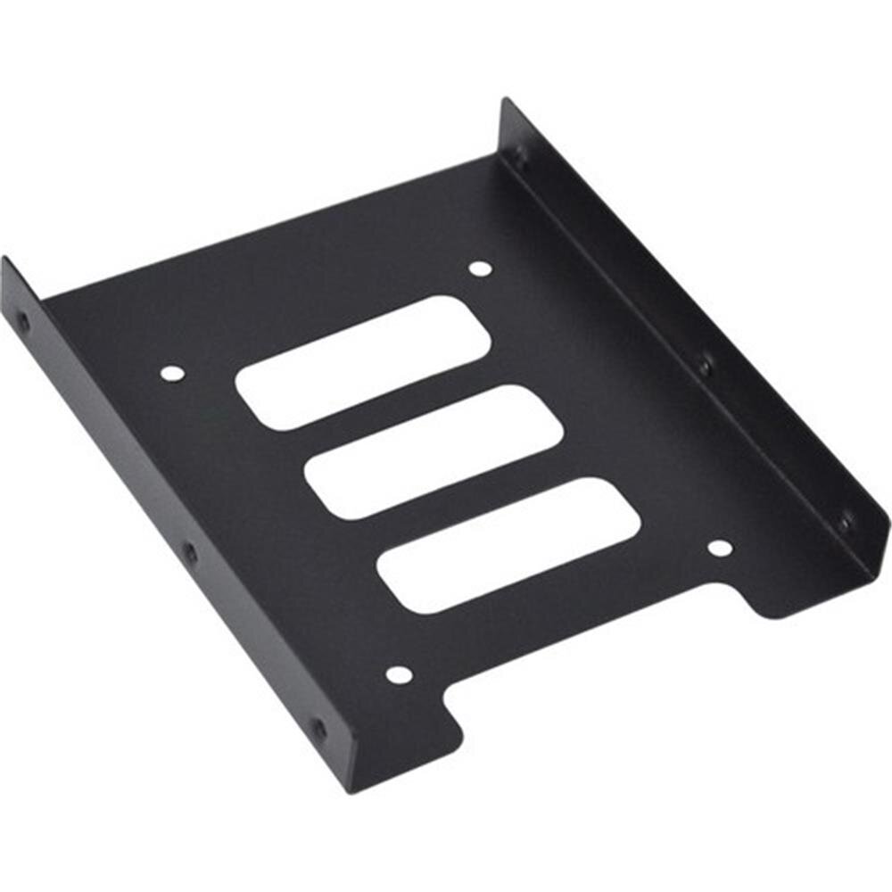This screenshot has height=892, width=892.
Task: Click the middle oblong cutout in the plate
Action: (x=434, y=451)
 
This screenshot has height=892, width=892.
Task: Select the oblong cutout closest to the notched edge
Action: (x=508, y=545)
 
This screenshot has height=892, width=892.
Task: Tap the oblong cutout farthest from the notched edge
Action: (x=362, y=362)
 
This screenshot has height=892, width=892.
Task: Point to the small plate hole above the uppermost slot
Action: (x=480, y=268)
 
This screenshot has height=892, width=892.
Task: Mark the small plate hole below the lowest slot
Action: (x=398, y=675)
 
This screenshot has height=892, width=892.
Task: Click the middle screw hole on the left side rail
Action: (x=189, y=553)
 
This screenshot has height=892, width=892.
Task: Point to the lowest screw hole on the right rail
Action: (x=844, y=523)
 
